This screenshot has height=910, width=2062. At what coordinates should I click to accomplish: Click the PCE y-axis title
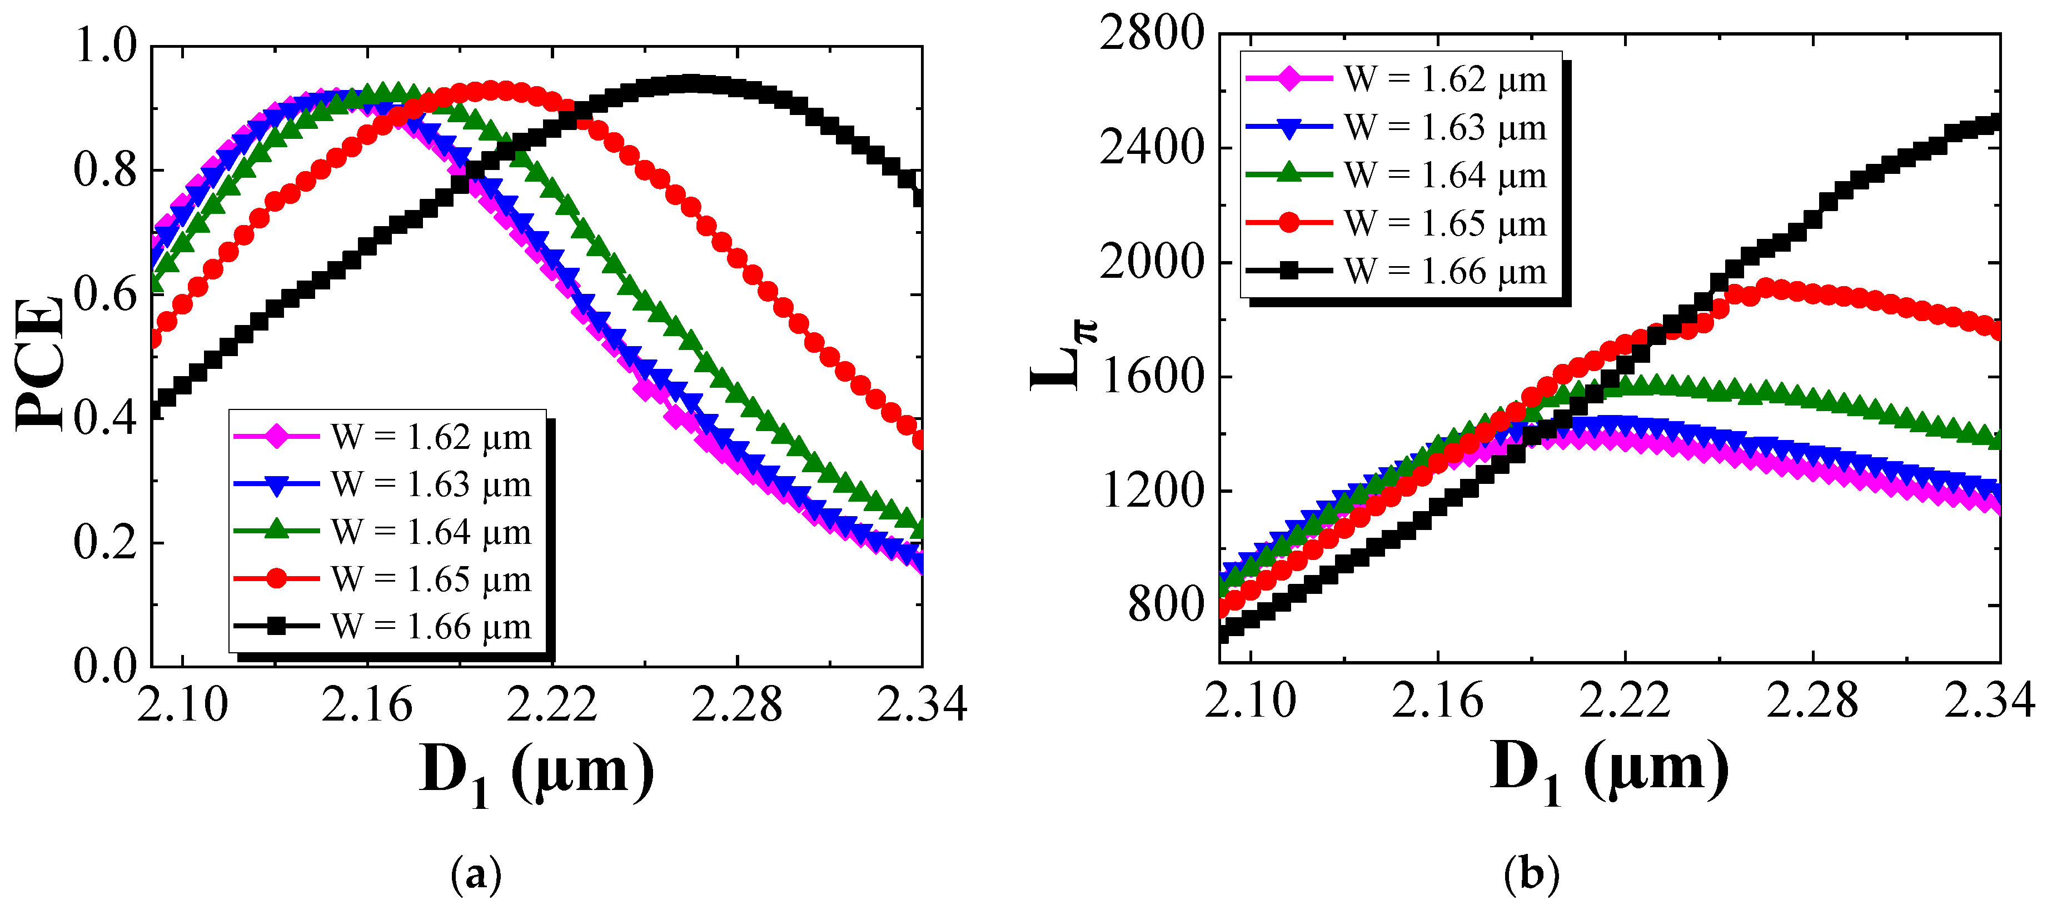point(40,364)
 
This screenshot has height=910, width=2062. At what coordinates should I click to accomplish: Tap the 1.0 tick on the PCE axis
point(106,45)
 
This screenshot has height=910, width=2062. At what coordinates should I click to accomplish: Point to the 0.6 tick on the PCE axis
point(106,294)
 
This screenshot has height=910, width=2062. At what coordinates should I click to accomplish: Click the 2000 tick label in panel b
point(1151,263)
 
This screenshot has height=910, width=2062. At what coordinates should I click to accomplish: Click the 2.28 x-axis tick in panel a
point(736,704)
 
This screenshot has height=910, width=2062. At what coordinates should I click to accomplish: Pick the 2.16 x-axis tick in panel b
point(1438,701)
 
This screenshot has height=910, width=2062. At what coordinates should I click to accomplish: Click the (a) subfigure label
point(477,875)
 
